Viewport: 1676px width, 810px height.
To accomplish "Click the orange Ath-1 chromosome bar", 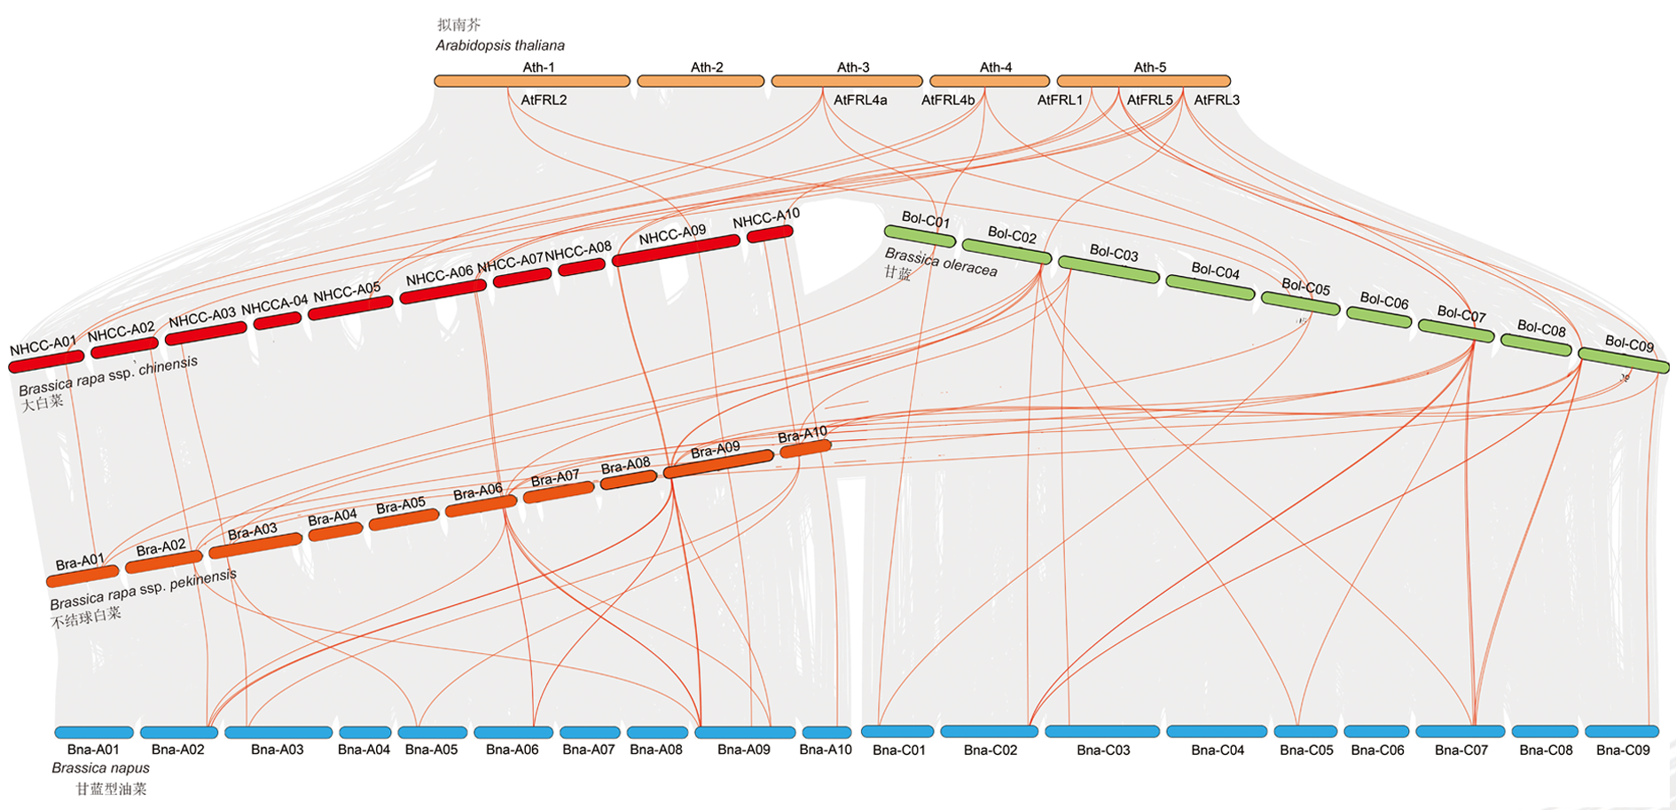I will point(532,82).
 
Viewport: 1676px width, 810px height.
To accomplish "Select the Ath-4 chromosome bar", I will point(990,82).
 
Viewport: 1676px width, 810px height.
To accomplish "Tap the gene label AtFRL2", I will point(544,100).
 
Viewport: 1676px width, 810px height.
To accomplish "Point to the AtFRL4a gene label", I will point(860,100).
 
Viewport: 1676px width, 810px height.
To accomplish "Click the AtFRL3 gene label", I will point(1217,100).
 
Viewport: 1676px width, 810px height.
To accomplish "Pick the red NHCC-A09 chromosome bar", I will point(676,251).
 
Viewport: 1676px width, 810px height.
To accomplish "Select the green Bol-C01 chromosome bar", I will point(920,236).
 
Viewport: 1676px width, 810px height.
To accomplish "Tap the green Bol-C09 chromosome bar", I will point(1624,360).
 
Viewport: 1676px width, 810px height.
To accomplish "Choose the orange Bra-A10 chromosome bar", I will point(805,449).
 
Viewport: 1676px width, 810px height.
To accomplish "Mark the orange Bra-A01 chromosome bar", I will point(82,577).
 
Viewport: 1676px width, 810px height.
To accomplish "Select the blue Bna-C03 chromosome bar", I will point(1102,732).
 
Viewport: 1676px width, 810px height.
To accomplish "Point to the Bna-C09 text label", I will point(1623,751).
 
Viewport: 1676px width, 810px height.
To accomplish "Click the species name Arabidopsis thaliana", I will point(500,45).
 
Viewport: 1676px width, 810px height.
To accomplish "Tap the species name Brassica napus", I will point(100,768).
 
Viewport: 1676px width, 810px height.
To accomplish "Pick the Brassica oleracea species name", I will point(941,263).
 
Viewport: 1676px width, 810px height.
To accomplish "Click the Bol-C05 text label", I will point(1306,287).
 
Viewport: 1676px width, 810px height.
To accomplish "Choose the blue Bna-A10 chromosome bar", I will point(826,734).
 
